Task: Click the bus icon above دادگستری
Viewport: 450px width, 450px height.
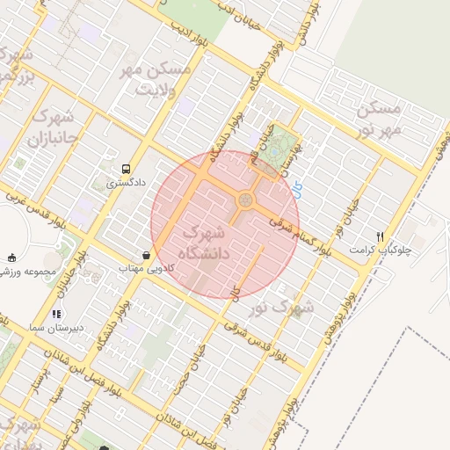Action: pos(127,168)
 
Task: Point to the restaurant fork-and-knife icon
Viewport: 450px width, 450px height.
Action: pos(380,236)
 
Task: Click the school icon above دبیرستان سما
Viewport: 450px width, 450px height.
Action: pos(56,313)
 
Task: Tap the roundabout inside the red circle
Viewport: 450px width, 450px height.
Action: pos(244,202)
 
